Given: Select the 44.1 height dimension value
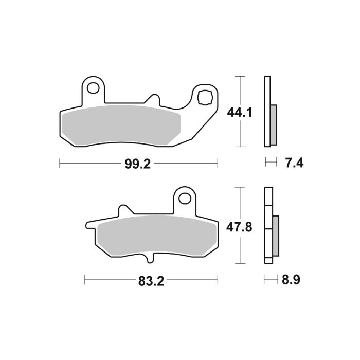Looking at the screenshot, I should click(x=239, y=111).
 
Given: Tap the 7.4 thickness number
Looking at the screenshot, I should click(x=294, y=164).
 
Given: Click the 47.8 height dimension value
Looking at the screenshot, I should click(x=239, y=226).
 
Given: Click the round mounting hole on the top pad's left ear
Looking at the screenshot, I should click(x=94, y=88).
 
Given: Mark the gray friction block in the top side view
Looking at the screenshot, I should click(x=273, y=124).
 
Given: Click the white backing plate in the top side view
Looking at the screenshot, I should click(x=266, y=93).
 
